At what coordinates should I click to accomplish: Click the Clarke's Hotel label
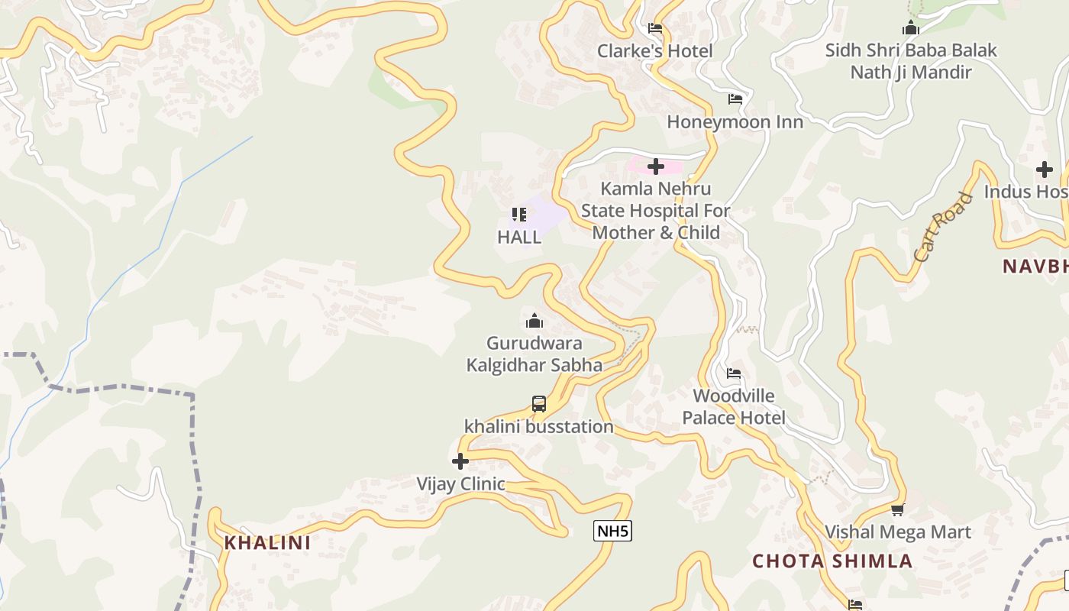(654, 51)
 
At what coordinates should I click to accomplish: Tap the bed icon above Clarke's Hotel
(655, 29)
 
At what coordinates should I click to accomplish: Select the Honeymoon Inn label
(735, 122)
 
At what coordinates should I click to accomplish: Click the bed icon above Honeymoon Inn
(735, 99)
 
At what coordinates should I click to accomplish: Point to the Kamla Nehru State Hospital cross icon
(656, 166)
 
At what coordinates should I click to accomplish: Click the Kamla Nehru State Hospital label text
(656, 211)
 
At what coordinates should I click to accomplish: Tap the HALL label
(519, 238)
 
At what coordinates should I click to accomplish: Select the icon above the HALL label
(519, 215)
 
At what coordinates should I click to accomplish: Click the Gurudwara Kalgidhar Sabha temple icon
(534, 321)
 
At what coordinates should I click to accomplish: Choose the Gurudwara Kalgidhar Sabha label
(534, 354)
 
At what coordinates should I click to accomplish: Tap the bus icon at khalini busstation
(539, 404)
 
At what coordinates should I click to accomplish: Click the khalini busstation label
(539, 427)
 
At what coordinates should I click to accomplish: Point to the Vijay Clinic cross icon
(460, 461)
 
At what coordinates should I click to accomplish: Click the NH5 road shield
(612, 531)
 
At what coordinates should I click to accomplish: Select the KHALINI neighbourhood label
(267, 543)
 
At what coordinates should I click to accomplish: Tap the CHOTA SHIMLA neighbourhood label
(832, 561)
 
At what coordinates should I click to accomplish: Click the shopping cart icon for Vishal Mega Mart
(897, 509)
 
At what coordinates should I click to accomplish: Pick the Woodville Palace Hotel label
(733, 407)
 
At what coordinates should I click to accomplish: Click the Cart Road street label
(944, 228)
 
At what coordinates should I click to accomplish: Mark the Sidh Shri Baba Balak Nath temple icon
(910, 29)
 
